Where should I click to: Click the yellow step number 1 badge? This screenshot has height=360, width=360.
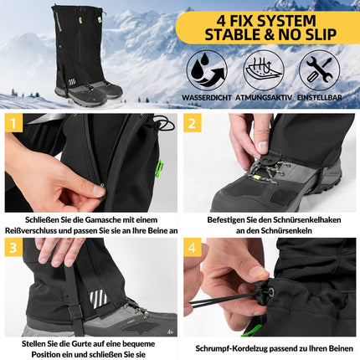pos(13,123)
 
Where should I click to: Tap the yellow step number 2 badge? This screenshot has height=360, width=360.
pos(193,123)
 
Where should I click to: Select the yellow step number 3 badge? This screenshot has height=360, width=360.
pos(13,248)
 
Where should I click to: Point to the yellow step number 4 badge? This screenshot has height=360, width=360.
pos(193,248)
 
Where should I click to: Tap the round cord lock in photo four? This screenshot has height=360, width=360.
pos(270,293)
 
